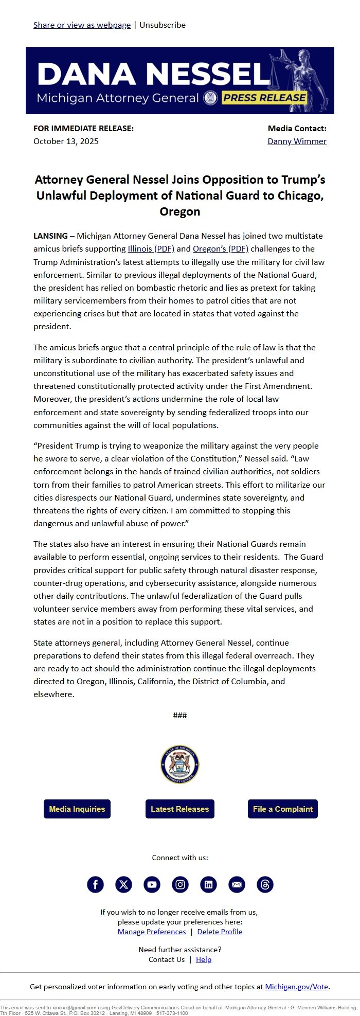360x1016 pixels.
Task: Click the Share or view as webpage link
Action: click(x=82, y=25)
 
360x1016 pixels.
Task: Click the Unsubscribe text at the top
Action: click(x=163, y=25)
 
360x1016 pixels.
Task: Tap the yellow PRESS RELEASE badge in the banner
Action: click(x=264, y=98)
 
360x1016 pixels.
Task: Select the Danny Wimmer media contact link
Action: click(x=297, y=141)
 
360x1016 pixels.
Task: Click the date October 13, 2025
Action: click(x=66, y=141)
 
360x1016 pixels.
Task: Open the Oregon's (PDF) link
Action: click(x=221, y=249)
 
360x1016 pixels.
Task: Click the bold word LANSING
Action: click(x=50, y=236)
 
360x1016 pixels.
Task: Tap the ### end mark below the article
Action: click(x=180, y=715)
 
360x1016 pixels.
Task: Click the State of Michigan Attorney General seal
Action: click(x=180, y=764)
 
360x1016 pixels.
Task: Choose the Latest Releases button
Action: click(x=180, y=809)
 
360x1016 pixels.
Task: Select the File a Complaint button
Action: click(x=283, y=809)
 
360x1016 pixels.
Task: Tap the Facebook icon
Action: click(x=95, y=884)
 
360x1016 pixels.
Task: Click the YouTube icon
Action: click(x=152, y=884)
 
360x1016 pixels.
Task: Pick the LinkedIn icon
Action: click(x=208, y=884)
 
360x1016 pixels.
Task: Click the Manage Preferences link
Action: click(x=152, y=932)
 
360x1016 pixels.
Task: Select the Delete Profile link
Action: click(x=220, y=932)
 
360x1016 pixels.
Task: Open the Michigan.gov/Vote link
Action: click(x=296, y=987)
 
